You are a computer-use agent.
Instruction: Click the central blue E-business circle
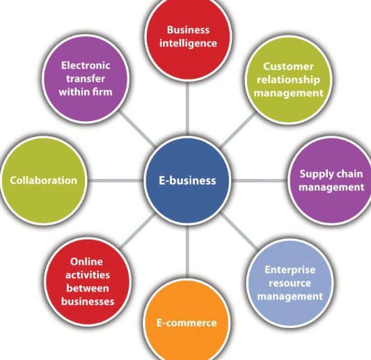tap(187, 180)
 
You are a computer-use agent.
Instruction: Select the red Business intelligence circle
tap(188, 38)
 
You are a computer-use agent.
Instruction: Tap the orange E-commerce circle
tap(187, 322)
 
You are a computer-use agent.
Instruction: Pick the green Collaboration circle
tap(44, 180)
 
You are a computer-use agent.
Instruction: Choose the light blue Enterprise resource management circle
tap(290, 283)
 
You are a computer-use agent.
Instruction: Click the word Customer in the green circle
tap(288, 67)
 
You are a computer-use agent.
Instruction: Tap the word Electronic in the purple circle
tap(86, 65)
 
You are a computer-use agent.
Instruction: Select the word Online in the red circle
tap(86, 262)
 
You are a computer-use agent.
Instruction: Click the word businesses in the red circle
tap(88, 302)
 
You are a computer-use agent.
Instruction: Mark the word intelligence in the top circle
tap(188, 44)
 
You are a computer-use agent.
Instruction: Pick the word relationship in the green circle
tap(288, 80)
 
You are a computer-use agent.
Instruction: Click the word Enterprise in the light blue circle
tap(290, 269)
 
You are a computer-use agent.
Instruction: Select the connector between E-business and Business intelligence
tap(187, 109)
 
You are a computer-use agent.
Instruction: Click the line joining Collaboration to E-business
tap(116, 180)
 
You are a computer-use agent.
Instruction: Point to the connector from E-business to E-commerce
tap(187, 251)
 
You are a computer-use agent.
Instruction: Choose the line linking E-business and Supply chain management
tap(260, 180)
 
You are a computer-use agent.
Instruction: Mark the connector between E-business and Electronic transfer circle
tap(137, 129)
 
